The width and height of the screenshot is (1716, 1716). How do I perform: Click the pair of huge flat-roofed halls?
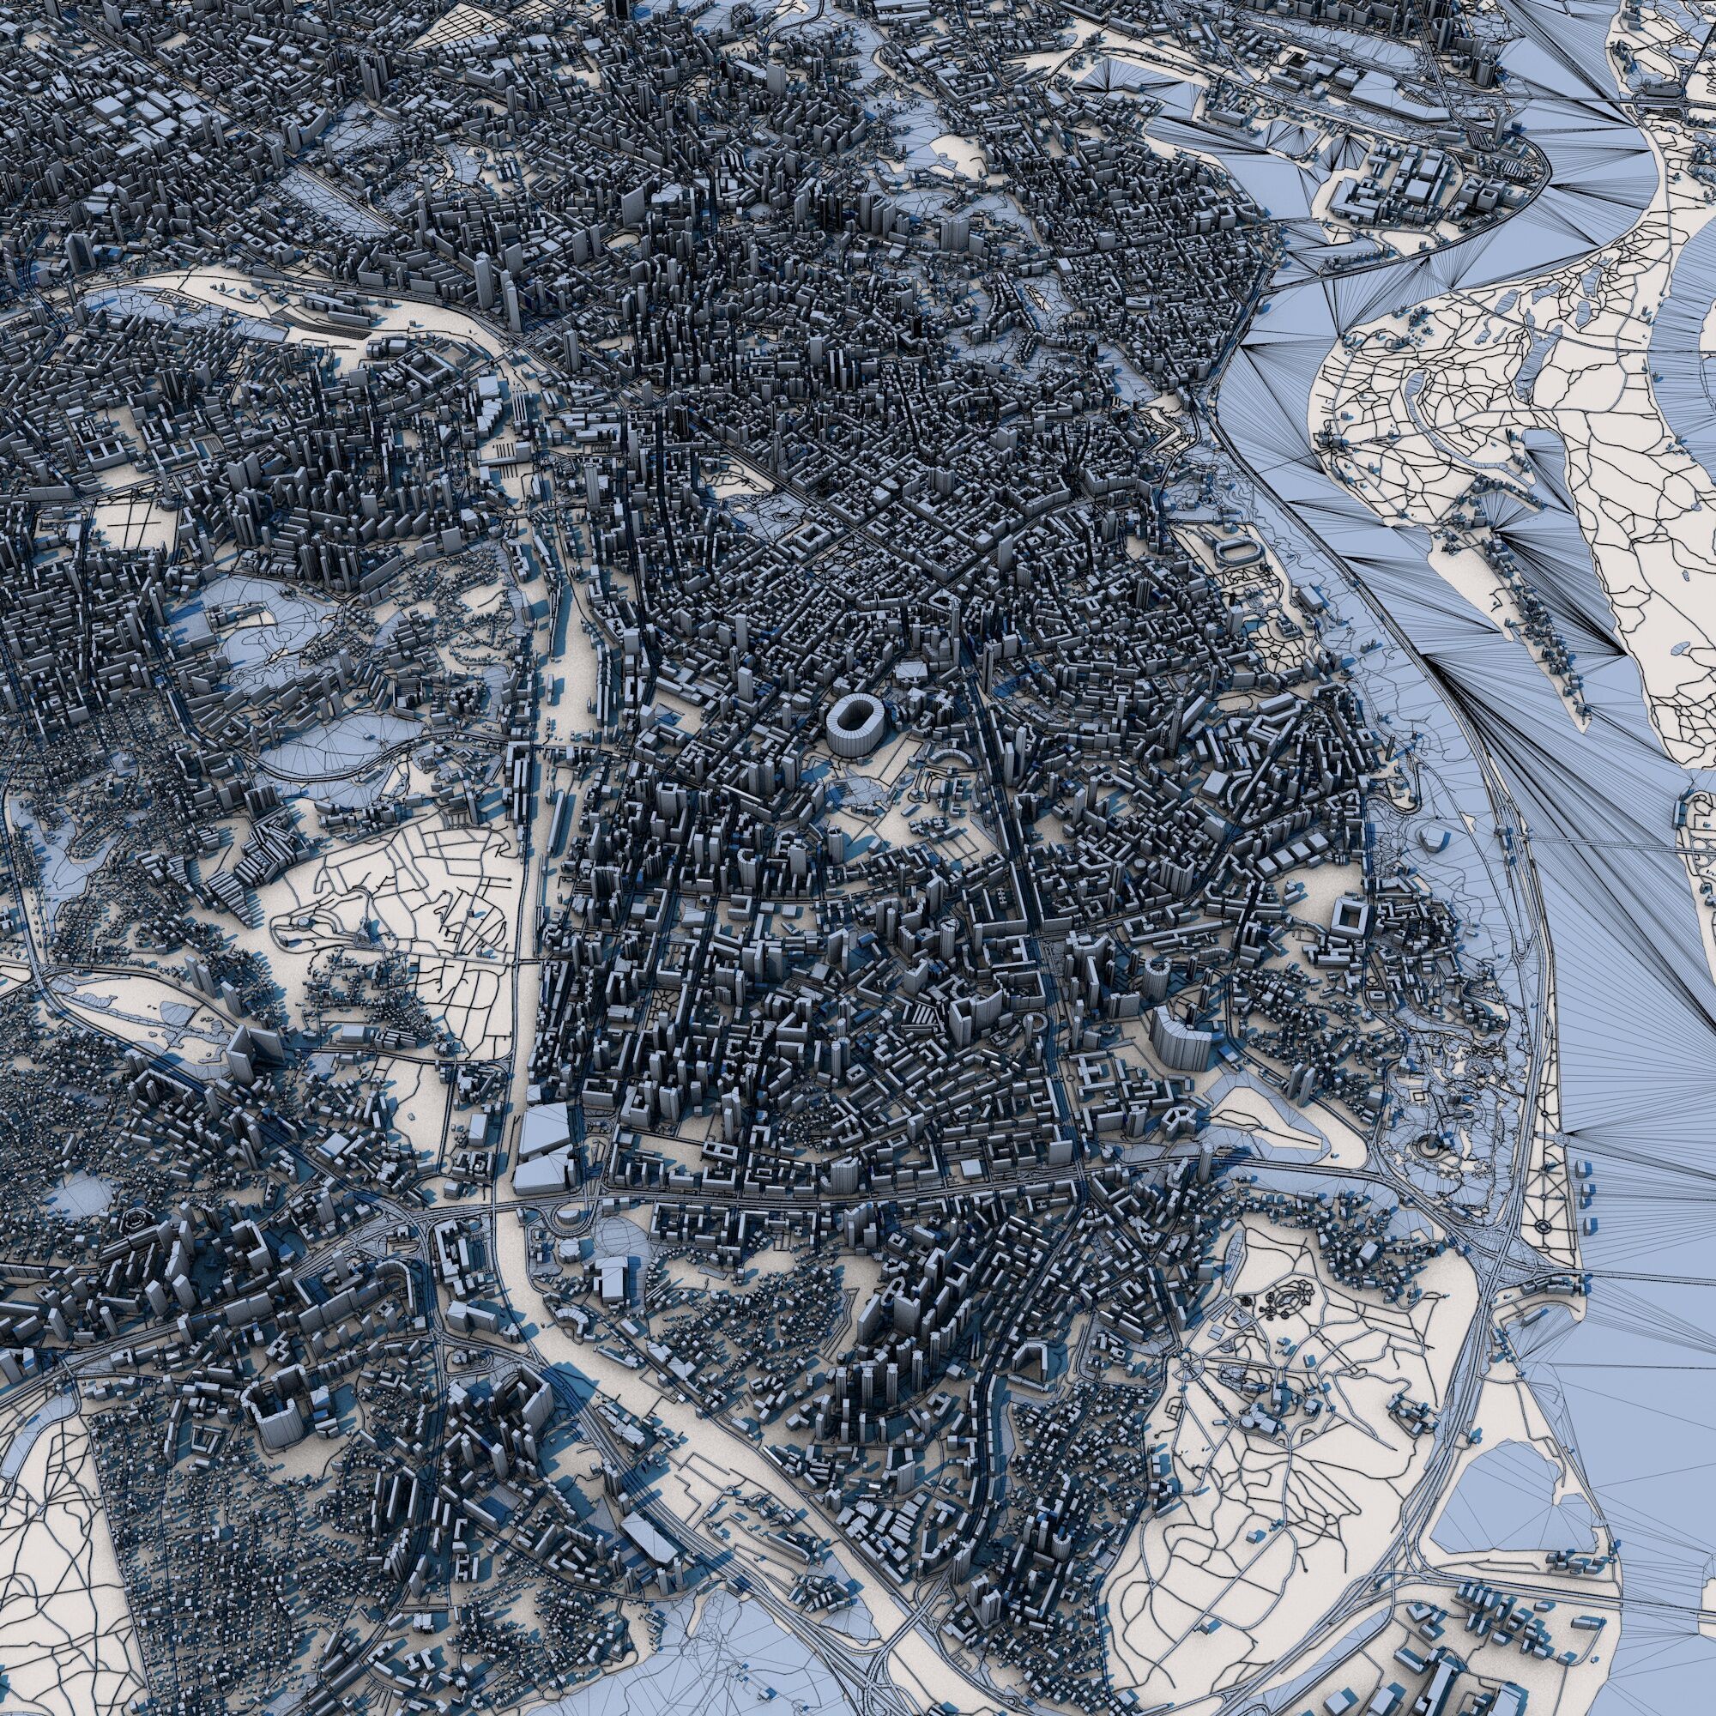[544, 1151]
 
